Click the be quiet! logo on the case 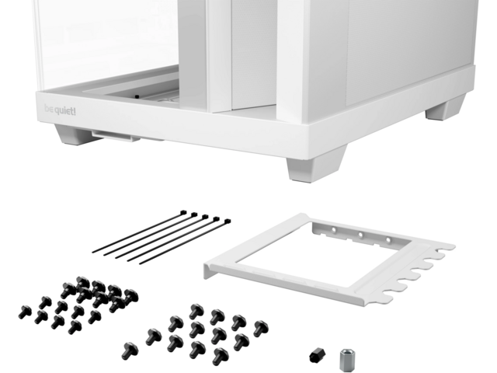click(x=60, y=110)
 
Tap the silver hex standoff click(x=347, y=360)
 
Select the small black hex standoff click(x=318, y=355)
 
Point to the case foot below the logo click(x=72, y=134)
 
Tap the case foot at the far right click(x=445, y=109)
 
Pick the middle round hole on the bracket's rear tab click(x=360, y=235)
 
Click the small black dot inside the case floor click(x=137, y=96)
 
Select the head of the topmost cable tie click(x=183, y=212)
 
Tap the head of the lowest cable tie click(x=228, y=221)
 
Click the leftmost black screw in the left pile click(x=25, y=312)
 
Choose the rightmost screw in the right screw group click(x=261, y=328)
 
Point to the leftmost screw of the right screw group click(x=130, y=350)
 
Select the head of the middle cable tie click(x=205, y=217)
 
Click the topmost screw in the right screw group click(x=196, y=312)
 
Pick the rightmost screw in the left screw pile click(x=131, y=297)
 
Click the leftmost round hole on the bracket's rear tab click(x=333, y=230)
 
